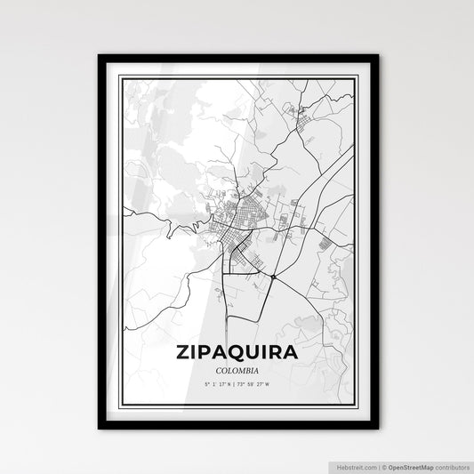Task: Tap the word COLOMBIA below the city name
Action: coord(237,370)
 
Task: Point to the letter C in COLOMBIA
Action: coord(217,370)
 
